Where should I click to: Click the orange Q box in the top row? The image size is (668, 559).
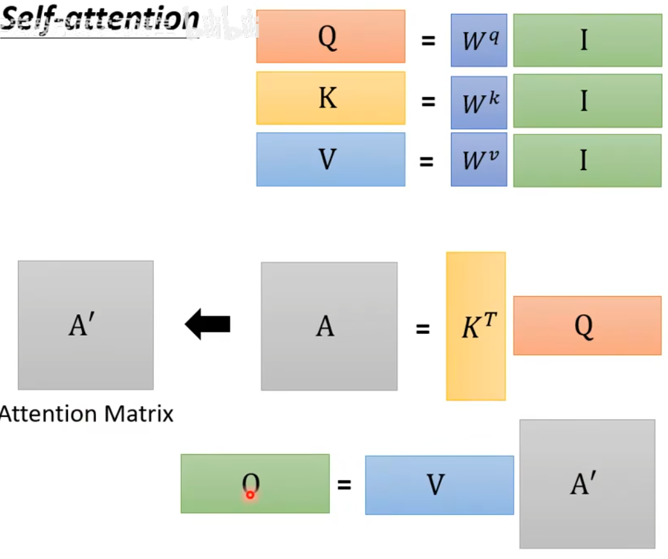point(330,36)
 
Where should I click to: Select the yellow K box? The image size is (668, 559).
point(330,98)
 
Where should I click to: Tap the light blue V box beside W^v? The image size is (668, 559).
point(330,159)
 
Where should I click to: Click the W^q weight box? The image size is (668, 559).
point(478,40)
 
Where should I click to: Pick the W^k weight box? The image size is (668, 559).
point(478,102)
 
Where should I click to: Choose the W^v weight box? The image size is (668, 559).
point(478,160)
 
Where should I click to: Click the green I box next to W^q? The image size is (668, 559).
point(587,40)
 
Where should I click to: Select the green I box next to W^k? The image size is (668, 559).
point(587,100)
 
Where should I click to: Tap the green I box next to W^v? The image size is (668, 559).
point(587,160)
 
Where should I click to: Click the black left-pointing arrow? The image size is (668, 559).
point(208,324)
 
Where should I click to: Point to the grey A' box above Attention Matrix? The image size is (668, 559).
point(85,325)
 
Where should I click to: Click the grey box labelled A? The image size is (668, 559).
point(329,326)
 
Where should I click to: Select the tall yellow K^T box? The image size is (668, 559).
point(476,326)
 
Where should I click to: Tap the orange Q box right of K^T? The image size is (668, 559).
point(587,326)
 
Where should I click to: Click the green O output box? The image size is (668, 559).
point(255,484)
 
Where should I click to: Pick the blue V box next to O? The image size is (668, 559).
point(439,485)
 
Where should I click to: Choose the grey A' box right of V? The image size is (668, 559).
point(587,484)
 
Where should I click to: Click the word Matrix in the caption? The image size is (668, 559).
point(139,414)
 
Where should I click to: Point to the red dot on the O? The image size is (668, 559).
point(250,494)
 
